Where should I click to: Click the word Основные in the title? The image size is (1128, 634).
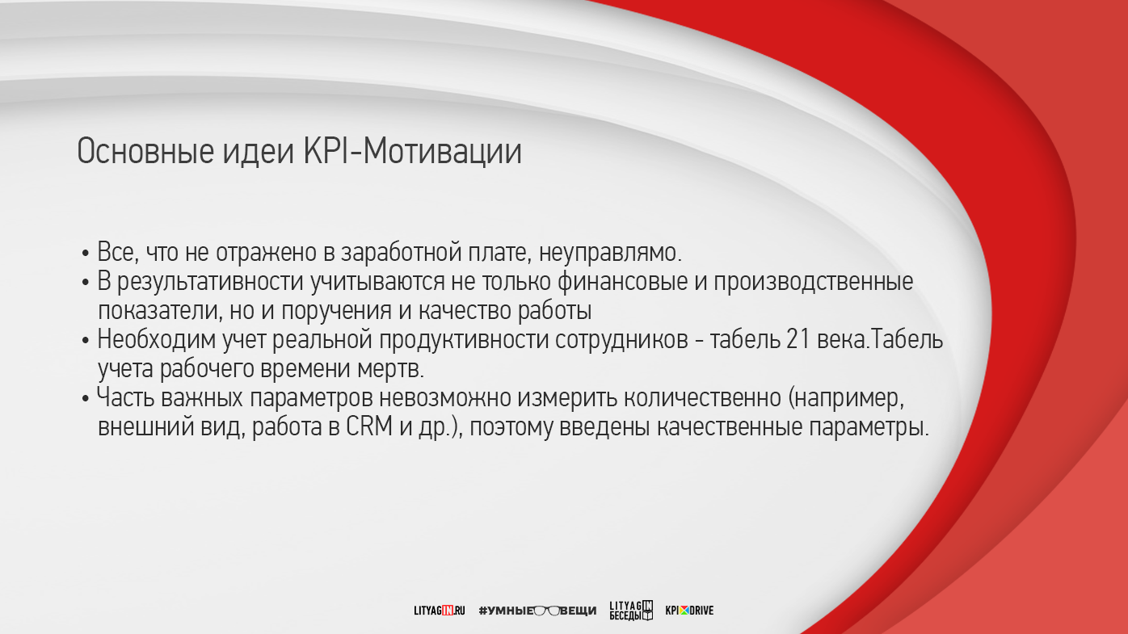click(x=146, y=152)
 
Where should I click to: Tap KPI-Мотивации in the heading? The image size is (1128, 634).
click(x=412, y=150)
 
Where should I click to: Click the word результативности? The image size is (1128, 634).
click(x=211, y=283)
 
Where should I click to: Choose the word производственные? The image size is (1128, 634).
click(x=813, y=283)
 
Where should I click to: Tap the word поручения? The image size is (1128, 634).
click(x=336, y=312)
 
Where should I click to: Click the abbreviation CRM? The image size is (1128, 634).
click(x=369, y=427)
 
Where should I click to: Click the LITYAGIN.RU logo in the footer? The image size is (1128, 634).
click(x=439, y=611)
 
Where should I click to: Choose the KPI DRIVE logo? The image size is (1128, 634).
click(x=689, y=611)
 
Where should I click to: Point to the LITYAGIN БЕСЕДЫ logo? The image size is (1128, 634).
click(x=631, y=611)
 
